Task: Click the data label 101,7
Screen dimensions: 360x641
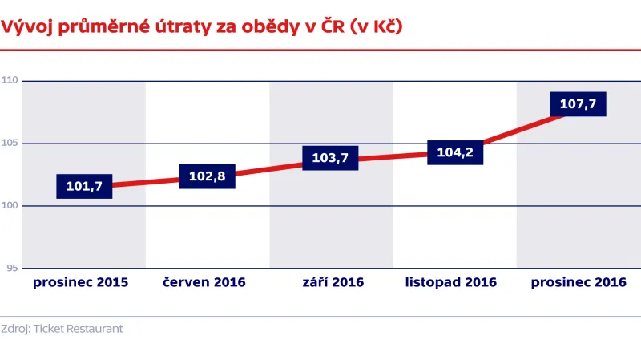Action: point(84,187)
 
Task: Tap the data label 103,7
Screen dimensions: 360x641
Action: point(330,158)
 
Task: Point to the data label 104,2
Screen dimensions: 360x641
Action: point(454,152)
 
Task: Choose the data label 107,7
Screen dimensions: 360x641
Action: point(578,104)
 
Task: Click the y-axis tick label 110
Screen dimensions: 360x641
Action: point(10,81)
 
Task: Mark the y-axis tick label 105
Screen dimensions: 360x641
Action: point(10,144)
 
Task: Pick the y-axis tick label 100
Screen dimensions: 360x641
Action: point(10,206)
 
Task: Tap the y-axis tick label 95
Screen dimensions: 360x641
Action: point(12,269)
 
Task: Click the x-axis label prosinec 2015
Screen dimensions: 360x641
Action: point(80,282)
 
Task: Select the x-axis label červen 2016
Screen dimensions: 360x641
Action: point(204,282)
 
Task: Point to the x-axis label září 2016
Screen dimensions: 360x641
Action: point(333,282)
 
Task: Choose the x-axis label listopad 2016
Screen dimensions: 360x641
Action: point(451,282)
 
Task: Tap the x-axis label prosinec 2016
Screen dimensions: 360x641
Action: point(578,282)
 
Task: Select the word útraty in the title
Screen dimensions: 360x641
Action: point(180,26)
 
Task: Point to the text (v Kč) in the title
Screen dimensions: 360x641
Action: point(372,26)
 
